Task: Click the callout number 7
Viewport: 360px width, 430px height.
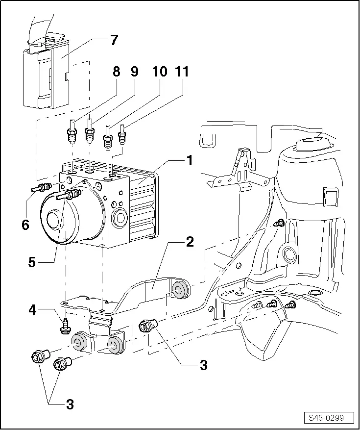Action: click(114, 40)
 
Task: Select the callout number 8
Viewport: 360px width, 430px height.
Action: click(116, 72)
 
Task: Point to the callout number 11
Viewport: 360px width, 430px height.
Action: click(182, 72)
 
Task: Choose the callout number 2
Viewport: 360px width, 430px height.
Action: click(190, 241)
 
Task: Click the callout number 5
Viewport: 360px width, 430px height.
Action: click(32, 262)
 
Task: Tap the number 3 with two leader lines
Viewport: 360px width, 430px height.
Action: click(70, 405)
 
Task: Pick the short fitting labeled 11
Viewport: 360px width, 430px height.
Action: click(122, 134)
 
